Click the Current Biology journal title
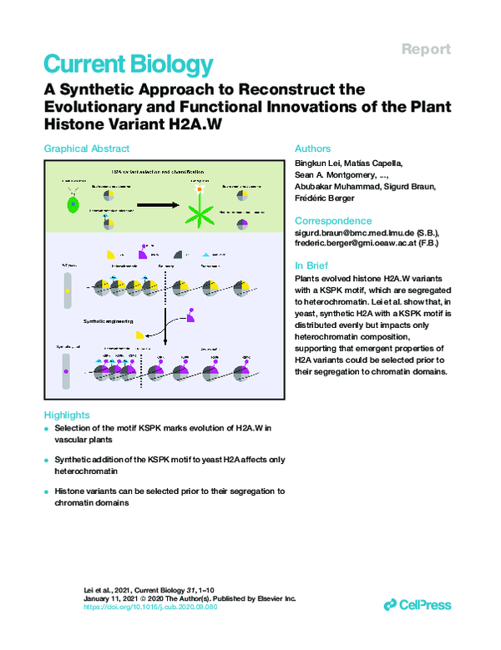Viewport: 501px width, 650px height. pyautogui.click(x=128, y=64)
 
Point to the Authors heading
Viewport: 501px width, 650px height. pyautogui.click(x=313, y=149)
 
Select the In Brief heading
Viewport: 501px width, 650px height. pyautogui.click(x=313, y=264)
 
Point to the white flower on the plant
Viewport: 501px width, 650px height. pyautogui.click(x=197, y=190)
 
